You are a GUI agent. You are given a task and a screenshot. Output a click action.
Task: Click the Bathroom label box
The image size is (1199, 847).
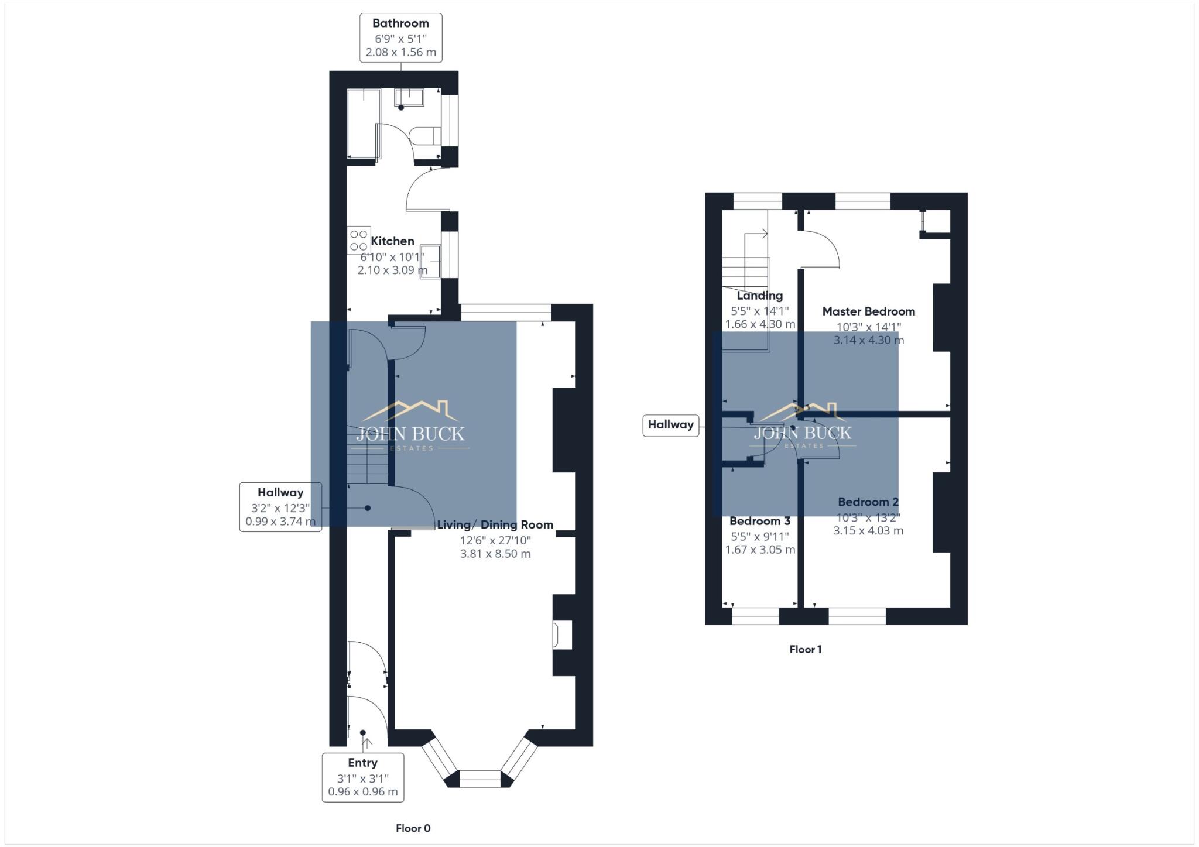pyautogui.click(x=400, y=37)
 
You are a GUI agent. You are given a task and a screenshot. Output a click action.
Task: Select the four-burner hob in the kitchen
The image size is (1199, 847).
pyautogui.click(x=359, y=240)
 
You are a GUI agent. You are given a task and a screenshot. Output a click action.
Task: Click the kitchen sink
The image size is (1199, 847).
pyautogui.click(x=430, y=262)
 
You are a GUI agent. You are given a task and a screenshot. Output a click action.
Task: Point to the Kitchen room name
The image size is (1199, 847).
pyautogui.click(x=392, y=241)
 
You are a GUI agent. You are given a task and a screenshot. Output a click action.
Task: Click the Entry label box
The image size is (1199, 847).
pyautogui.click(x=362, y=777)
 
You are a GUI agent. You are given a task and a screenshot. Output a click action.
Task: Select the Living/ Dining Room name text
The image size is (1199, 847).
pyautogui.click(x=495, y=525)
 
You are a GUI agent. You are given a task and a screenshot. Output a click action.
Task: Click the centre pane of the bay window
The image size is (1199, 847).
pyautogui.click(x=479, y=779)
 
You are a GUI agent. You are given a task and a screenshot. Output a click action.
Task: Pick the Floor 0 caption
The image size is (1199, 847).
pyautogui.click(x=413, y=828)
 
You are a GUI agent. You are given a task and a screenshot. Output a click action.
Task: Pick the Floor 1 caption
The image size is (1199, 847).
pyautogui.click(x=806, y=649)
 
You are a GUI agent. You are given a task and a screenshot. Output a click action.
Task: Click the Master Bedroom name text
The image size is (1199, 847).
pyautogui.click(x=868, y=311)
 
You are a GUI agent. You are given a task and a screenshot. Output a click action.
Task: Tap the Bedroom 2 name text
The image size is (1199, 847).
pyautogui.click(x=868, y=502)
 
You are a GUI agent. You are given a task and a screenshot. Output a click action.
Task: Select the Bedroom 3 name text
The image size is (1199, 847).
pyautogui.click(x=759, y=521)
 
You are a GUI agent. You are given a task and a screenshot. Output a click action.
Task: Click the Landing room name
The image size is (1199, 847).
pyautogui.click(x=759, y=296)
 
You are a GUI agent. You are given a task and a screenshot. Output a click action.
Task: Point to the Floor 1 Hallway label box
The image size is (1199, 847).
pyautogui.click(x=670, y=425)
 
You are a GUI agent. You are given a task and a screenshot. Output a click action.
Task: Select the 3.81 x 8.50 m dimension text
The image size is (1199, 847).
pyautogui.click(x=495, y=554)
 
